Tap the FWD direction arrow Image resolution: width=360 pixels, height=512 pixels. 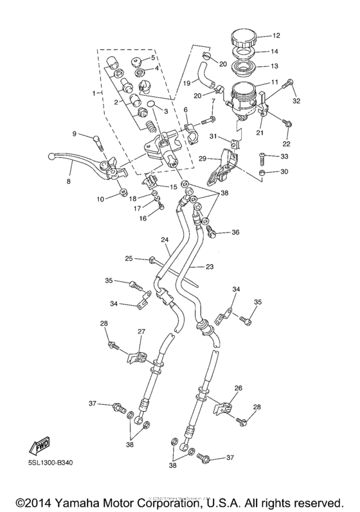pos(39,446)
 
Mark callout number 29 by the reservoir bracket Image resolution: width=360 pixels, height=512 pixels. pos(202,158)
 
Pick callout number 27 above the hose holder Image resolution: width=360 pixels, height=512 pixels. pos(143,331)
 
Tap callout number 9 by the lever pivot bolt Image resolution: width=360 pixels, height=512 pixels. pos(74,134)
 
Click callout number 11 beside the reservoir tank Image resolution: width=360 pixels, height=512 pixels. pos(275,83)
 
